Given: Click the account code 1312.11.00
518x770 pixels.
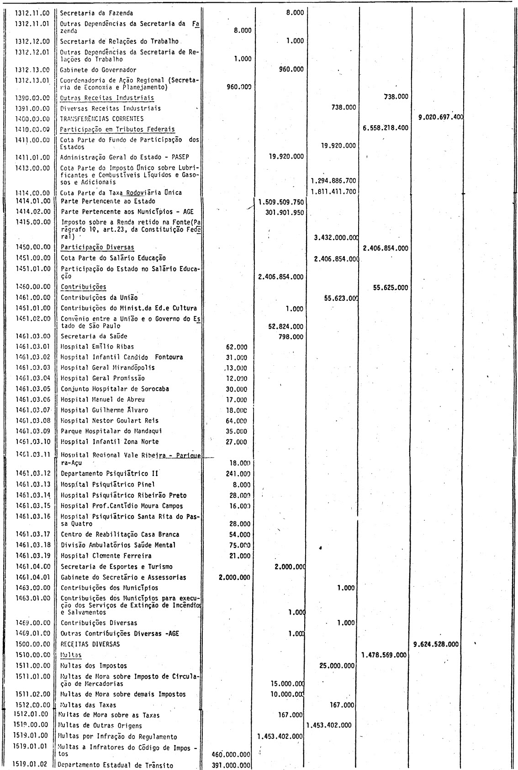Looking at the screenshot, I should click(32, 14).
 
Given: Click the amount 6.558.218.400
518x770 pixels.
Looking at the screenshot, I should click(386, 128).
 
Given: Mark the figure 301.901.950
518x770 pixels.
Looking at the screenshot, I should click(284, 213).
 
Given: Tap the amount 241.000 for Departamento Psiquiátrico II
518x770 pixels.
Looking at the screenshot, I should click(238, 474).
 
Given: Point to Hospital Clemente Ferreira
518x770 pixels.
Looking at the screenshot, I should click(106, 556).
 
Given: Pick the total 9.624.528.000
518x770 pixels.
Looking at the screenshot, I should click(436, 644).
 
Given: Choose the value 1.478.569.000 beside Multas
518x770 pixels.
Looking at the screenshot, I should click(384, 655).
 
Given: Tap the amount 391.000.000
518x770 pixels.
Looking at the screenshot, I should click(232, 766).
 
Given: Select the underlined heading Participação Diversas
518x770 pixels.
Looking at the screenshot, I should click(97, 247).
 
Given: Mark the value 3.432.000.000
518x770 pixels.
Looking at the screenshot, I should click(336, 238).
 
